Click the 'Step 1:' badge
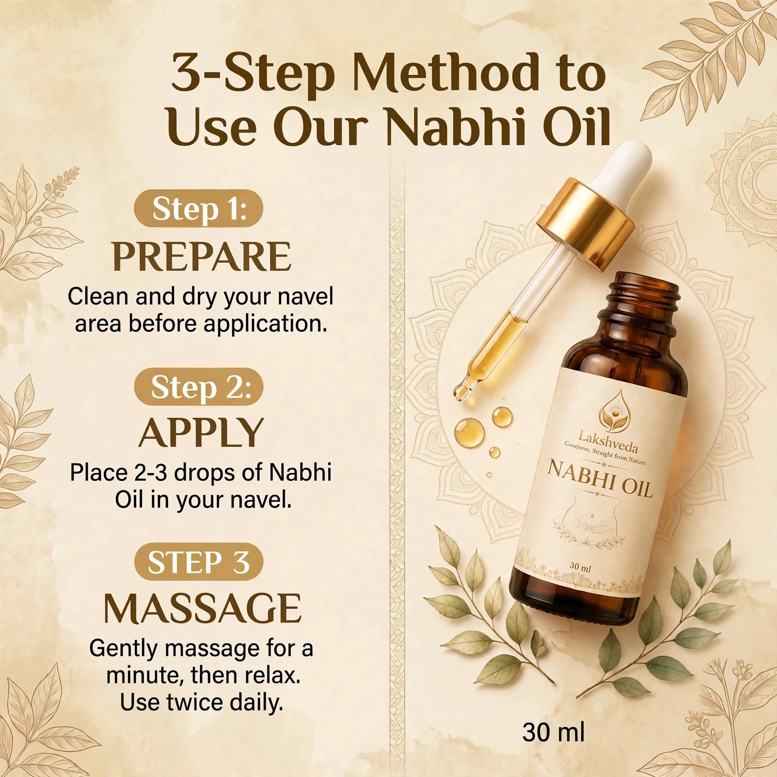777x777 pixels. [199, 209]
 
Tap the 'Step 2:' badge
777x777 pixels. [199, 387]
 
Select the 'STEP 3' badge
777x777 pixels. [199, 562]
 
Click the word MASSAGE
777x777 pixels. [203, 608]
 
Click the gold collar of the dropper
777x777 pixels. [586, 224]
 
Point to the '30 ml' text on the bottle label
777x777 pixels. [580, 566]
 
